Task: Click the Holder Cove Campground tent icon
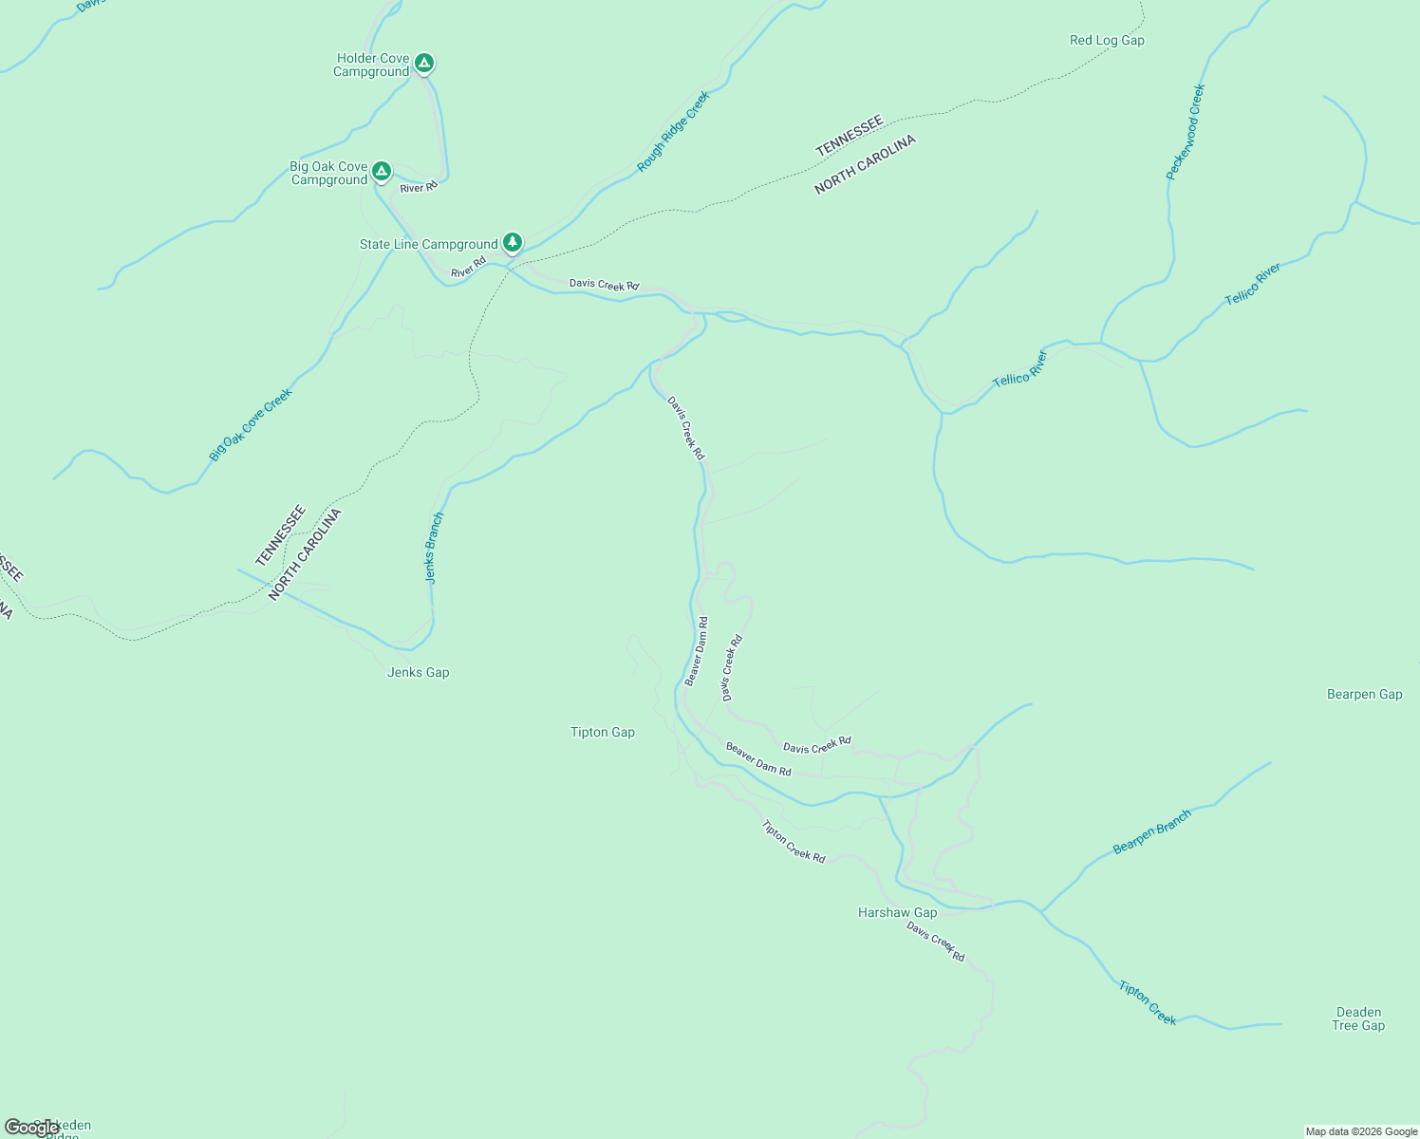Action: click(x=424, y=64)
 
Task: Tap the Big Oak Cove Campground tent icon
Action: click(x=381, y=171)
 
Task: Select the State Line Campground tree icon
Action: click(x=513, y=243)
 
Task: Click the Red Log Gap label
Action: click(x=1107, y=41)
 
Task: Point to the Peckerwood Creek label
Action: click(x=1186, y=132)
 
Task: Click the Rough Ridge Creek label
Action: click(x=673, y=132)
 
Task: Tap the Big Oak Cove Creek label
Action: click(x=251, y=424)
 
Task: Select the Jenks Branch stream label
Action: click(x=434, y=548)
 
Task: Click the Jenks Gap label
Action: click(x=418, y=673)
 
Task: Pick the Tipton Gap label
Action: click(x=602, y=733)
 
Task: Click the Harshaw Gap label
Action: click(x=897, y=913)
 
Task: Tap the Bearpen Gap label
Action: click(x=1364, y=695)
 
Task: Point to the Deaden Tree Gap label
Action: click(x=1358, y=1019)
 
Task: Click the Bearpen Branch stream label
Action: click(x=1151, y=832)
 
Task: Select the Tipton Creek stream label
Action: click(x=1148, y=1003)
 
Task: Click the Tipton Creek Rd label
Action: click(x=794, y=842)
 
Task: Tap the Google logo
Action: click(x=31, y=1128)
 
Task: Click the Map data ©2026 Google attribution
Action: click(x=1361, y=1131)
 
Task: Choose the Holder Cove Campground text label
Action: click(x=371, y=65)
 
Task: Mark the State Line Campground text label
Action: click(x=428, y=245)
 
